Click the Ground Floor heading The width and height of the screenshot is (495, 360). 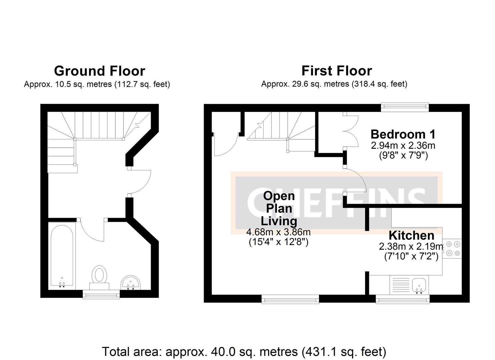(x=99, y=71)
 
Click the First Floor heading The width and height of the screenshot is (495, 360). (x=336, y=71)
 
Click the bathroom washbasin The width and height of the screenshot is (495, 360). (x=131, y=283)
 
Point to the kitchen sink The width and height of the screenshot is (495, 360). (x=419, y=286)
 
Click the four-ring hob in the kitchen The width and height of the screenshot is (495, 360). (x=452, y=249)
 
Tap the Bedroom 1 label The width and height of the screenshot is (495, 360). (x=403, y=134)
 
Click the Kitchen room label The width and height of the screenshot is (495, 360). (x=411, y=235)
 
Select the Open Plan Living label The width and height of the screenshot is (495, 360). (x=279, y=208)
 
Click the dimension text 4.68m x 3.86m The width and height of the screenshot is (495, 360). (x=278, y=232)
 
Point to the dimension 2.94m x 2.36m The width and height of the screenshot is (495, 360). (x=403, y=146)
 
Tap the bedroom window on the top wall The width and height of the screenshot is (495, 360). (x=405, y=106)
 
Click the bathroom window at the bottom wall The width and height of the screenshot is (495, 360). (x=101, y=294)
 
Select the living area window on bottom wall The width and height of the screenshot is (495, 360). (x=290, y=299)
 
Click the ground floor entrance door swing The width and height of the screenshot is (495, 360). (x=140, y=182)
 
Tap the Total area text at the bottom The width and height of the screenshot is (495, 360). (x=244, y=352)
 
